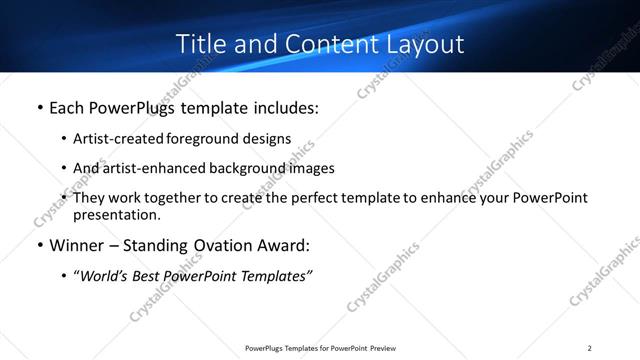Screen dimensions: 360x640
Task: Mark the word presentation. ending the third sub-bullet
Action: click(x=116, y=214)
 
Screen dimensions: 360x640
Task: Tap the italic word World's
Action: click(x=103, y=276)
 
